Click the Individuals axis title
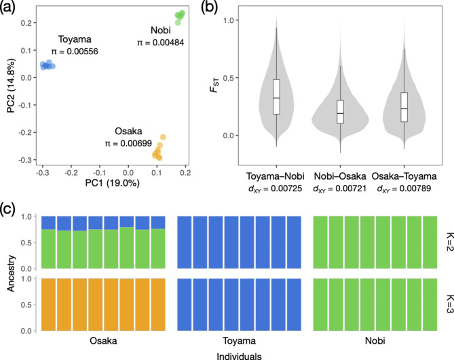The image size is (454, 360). point(235,354)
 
